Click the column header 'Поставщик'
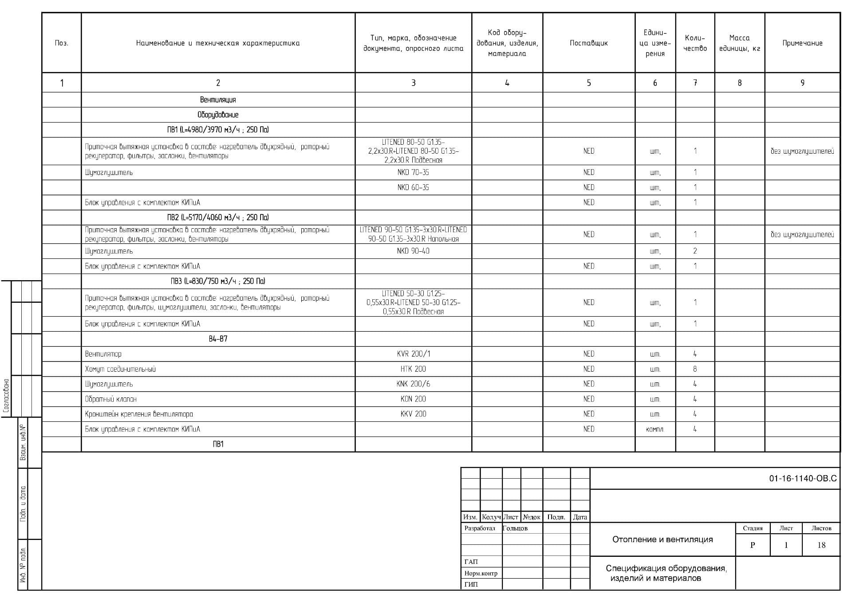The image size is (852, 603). click(588, 43)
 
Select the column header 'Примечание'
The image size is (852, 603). click(802, 43)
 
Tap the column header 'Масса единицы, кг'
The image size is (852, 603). click(739, 43)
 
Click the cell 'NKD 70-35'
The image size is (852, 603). click(413, 172)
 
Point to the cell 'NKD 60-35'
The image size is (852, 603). click(413, 187)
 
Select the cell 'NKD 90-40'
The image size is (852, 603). click(413, 251)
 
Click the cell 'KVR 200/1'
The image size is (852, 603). click(413, 354)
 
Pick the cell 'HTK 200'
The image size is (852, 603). click(413, 369)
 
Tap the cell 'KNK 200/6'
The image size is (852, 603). click(413, 384)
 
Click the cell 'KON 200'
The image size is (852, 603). click(413, 399)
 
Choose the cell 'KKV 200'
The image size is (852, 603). click(413, 414)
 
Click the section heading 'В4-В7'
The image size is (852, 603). click(218, 339)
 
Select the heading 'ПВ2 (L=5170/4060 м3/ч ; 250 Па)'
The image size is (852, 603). click(218, 218)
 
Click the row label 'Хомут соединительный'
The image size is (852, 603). click(120, 369)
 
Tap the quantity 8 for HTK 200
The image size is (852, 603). click(695, 369)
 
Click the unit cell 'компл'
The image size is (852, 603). click(655, 429)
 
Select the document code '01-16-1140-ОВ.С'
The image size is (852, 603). click(803, 479)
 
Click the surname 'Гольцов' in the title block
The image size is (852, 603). click(515, 528)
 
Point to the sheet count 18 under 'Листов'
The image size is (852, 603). click(821, 545)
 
